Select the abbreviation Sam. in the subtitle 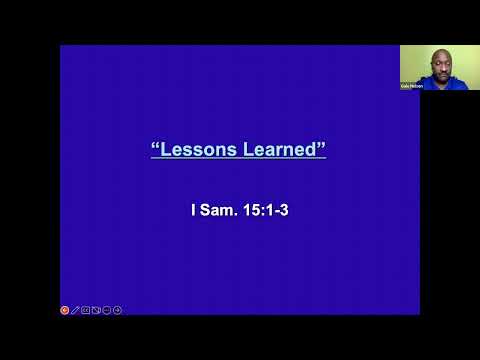(x=219, y=212)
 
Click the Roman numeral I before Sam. (x=193, y=212)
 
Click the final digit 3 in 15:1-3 (x=285, y=212)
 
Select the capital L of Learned (x=249, y=150)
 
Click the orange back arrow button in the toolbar (x=65, y=310)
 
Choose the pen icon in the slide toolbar (x=75, y=310)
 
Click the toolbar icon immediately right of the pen (x=86, y=310)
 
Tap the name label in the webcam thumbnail (x=413, y=86)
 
